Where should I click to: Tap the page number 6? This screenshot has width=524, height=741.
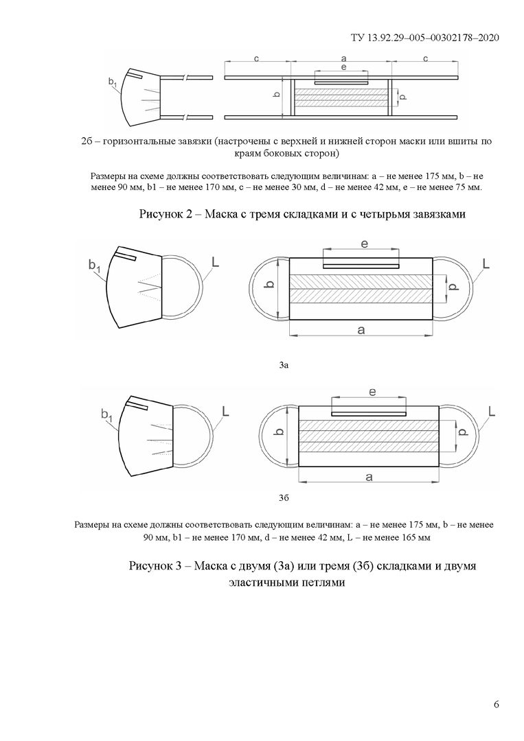(496, 705)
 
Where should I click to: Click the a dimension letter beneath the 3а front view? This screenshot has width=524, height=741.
(361, 331)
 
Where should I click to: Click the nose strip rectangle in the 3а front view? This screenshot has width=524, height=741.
(361, 265)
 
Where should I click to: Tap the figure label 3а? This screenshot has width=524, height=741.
(284, 366)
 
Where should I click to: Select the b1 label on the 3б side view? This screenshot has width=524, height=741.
(106, 414)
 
